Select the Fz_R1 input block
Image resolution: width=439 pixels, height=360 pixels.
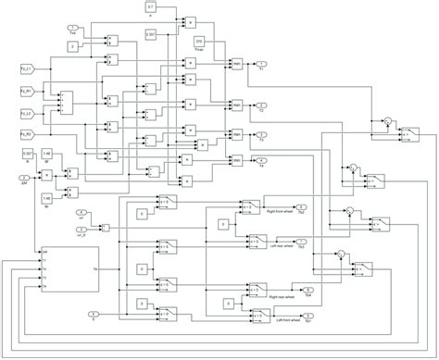(x=26, y=91)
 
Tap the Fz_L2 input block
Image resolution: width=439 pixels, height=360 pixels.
(x=26, y=114)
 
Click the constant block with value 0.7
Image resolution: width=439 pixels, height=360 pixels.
(x=151, y=7)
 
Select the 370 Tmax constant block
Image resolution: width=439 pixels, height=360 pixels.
(x=199, y=43)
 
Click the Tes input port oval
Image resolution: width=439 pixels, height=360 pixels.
(x=73, y=30)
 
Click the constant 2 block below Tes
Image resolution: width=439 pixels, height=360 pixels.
(x=73, y=44)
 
